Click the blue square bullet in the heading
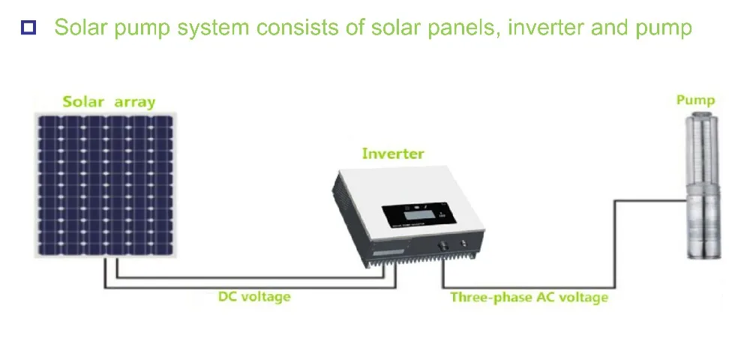coord(28,28)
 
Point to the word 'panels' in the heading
coord(472,28)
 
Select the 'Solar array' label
coord(109,102)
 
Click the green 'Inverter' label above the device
coord(393,154)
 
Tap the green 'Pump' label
coord(695,100)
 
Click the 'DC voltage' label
coord(254,297)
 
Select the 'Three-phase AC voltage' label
coord(529,298)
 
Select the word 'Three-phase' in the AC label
coord(484,298)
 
